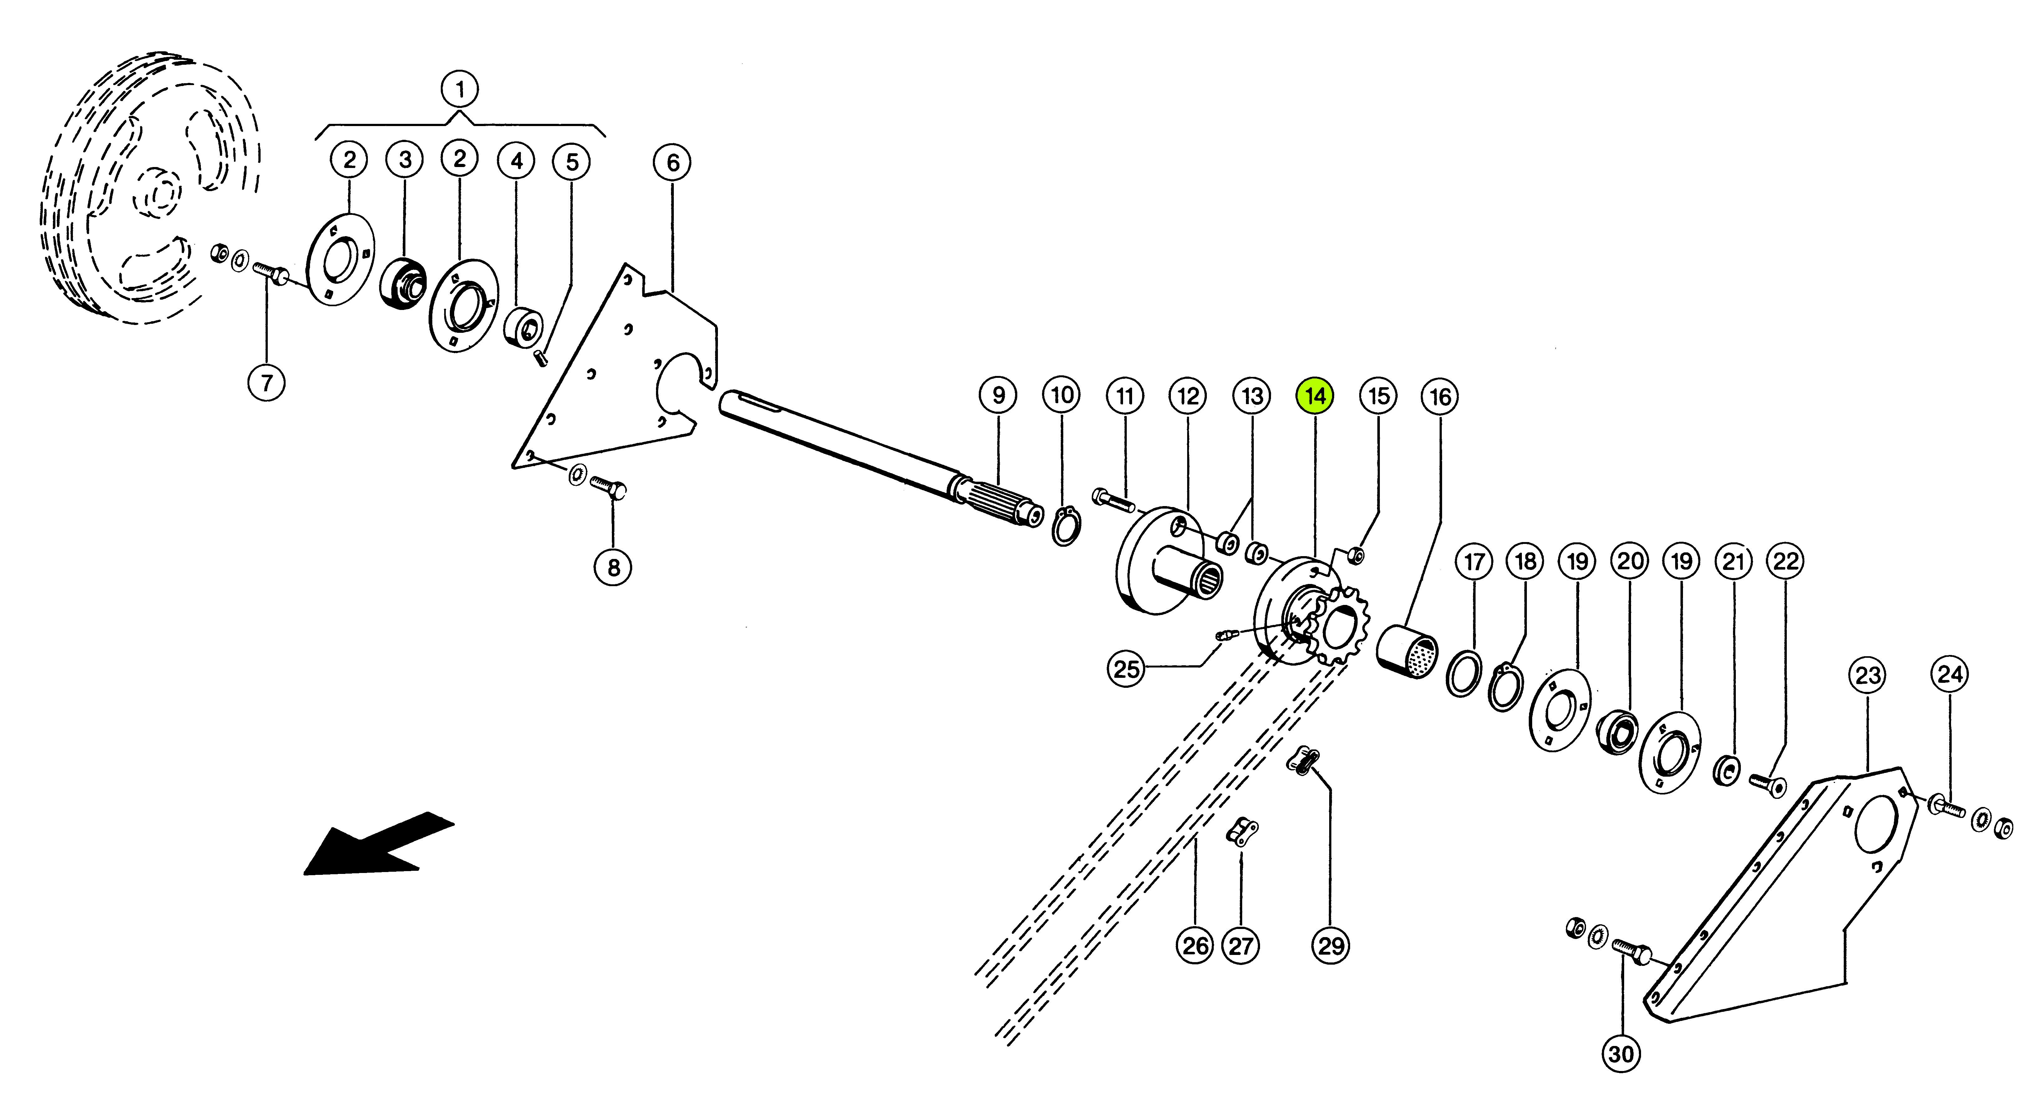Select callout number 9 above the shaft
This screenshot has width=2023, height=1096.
point(998,395)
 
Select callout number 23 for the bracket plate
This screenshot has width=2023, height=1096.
point(1868,676)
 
